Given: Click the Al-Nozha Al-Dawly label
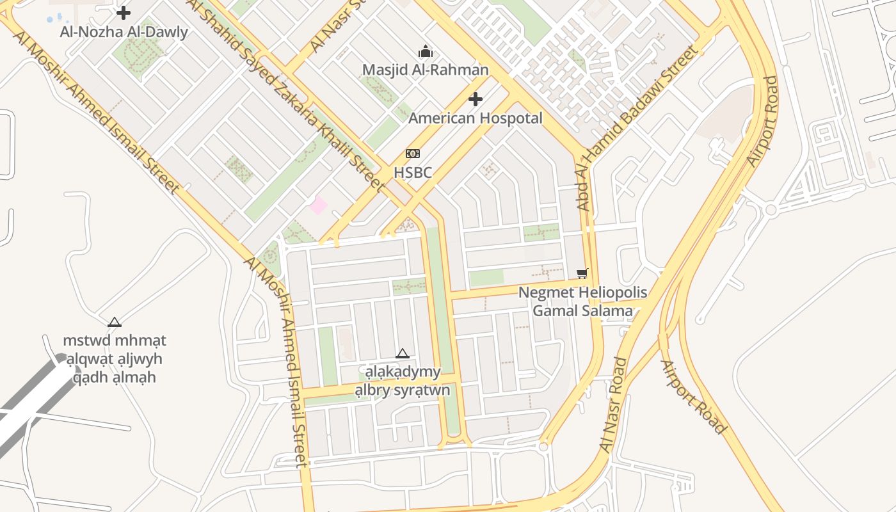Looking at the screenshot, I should point(124,32).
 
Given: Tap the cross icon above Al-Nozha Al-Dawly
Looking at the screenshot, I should point(124,12).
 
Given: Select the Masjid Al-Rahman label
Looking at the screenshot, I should point(425,70).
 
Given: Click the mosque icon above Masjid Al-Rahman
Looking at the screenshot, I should point(426,52).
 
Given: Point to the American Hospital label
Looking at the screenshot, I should point(475,118).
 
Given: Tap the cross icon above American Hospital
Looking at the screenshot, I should point(475,99).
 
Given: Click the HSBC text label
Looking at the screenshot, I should point(413,172).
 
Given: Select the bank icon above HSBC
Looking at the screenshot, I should point(413,154).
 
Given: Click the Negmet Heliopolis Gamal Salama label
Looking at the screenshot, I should point(582,302).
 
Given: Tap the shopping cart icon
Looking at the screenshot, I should point(582,274).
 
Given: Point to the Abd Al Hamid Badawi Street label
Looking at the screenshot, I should point(636,129).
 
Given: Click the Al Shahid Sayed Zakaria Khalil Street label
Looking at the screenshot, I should point(285,96).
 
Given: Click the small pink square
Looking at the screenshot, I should point(318,205).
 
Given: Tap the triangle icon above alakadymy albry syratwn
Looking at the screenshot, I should point(402,353).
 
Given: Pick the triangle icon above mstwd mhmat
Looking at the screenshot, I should point(115,322).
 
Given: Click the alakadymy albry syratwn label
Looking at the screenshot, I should point(403,381).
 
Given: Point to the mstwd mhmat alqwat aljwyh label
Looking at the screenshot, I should point(115,359).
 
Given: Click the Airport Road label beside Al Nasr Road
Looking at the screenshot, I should point(693,397).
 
